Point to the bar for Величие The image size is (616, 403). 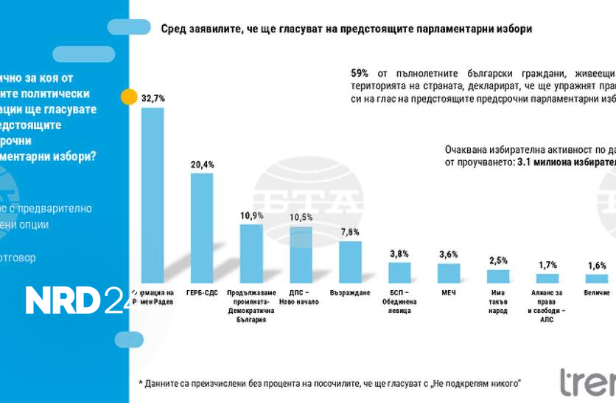click(597, 279)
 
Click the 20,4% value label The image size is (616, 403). click(202, 165)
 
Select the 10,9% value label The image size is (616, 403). click(251, 215)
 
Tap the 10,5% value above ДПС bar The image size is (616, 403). click(301, 217)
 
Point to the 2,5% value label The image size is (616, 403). click(498, 260)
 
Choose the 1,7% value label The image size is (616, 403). click(547, 264)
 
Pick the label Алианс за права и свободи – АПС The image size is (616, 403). click(547, 306)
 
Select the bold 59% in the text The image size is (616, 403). click(360, 73)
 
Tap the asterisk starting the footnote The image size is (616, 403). click(141, 382)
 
